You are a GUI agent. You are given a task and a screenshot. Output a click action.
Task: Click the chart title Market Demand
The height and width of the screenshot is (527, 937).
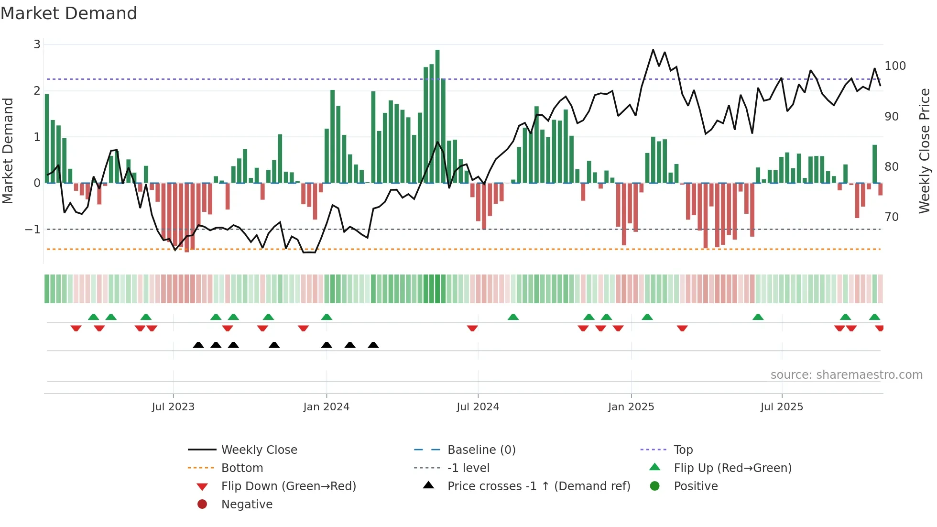(69, 13)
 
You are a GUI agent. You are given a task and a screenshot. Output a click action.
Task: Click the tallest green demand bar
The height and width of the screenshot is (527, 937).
(437, 115)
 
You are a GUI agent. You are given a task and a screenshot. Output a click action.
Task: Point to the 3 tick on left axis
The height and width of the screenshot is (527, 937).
(37, 44)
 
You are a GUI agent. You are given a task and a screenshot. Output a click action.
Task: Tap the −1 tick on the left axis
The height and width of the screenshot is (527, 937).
(33, 230)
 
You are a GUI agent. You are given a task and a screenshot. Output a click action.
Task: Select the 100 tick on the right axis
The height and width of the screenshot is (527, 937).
(895, 66)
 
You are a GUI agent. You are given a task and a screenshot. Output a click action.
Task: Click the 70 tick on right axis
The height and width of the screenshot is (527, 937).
(892, 217)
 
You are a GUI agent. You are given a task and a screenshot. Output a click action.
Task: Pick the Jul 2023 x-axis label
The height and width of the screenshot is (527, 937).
(173, 407)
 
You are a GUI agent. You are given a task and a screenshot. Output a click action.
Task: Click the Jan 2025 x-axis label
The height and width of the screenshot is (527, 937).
(631, 407)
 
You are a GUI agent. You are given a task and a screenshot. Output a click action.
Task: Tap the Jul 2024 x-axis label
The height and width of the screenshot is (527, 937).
(478, 407)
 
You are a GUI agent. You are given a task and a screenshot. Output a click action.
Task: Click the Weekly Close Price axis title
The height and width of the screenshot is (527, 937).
(925, 151)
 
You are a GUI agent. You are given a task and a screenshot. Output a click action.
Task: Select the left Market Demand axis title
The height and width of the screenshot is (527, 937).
(8, 151)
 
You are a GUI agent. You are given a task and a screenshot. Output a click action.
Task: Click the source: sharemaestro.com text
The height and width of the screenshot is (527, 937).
(846, 375)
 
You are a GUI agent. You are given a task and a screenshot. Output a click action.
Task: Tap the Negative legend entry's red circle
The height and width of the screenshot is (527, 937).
(202, 505)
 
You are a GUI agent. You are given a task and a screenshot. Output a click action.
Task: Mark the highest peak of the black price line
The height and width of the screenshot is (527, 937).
(653, 50)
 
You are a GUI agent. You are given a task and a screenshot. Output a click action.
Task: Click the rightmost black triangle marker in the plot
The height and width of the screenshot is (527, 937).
(373, 345)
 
